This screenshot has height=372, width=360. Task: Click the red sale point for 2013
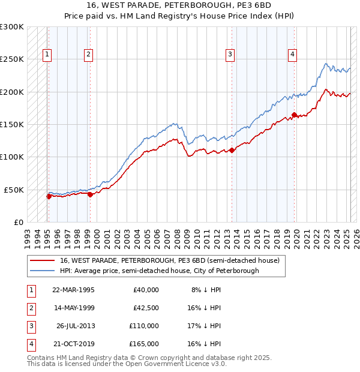pyautogui.click(x=232, y=151)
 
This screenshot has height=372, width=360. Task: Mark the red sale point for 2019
pyautogui.click(x=294, y=115)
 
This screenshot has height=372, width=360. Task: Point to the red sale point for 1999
pyautogui.click(x=89, y=194)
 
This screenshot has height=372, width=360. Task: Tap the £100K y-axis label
pyautogui.click(x=12, y=157)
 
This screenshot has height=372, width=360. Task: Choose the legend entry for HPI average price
pyautogui.click(x=159, y=271)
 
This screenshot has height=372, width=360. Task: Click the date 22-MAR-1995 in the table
pyautogui.click(x=73, y=290)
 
